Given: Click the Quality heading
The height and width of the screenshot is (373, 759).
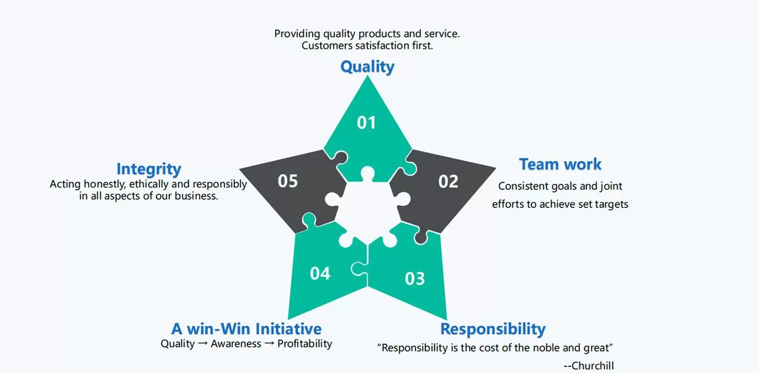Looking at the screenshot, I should [367, 67].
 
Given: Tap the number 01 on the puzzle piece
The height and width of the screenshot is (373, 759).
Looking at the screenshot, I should [367, 122].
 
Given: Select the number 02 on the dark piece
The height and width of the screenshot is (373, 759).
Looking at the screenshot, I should [448, 181].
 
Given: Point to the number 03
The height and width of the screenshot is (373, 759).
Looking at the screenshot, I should [415, 279].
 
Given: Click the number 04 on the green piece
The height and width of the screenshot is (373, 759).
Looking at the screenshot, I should [320, 273].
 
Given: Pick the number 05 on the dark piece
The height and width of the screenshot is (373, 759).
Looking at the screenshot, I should [287, 181].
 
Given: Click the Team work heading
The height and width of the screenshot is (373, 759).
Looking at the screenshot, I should [560, 164].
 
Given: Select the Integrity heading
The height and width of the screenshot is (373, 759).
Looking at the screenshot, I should [148, 169].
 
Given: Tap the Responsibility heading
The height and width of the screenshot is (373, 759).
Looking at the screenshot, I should [493, 329].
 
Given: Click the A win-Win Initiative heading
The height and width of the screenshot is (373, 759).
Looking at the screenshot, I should [246, 329].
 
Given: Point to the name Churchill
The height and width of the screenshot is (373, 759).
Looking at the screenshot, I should [592, 366].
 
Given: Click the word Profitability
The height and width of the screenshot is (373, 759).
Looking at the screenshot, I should [304, 344].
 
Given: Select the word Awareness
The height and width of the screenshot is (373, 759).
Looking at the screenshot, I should [236, 344].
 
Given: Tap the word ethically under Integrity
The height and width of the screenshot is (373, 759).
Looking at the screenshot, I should [151, 184].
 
